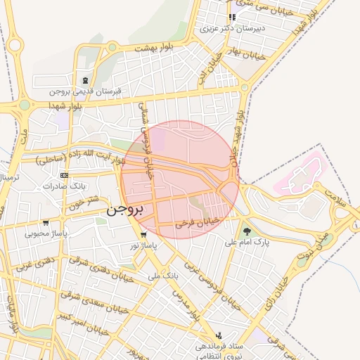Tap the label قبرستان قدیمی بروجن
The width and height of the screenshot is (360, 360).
pos(86,91)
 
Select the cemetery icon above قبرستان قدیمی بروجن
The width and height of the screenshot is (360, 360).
pos(86,81)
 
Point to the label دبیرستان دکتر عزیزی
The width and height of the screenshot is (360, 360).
pos(233,30)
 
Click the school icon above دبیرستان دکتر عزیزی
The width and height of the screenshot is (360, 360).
pos(232,18)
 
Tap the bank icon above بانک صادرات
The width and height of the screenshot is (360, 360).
pos(64,175)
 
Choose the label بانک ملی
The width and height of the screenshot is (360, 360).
pos(163,276)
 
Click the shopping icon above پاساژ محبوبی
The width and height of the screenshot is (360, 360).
pos(46,222)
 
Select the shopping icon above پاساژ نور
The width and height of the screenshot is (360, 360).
pos(144,235)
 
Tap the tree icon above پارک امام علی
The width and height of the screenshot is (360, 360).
pos(247,231)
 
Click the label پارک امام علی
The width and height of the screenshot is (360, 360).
pos(247,242)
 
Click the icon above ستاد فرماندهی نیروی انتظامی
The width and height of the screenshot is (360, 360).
pos(219,335)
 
